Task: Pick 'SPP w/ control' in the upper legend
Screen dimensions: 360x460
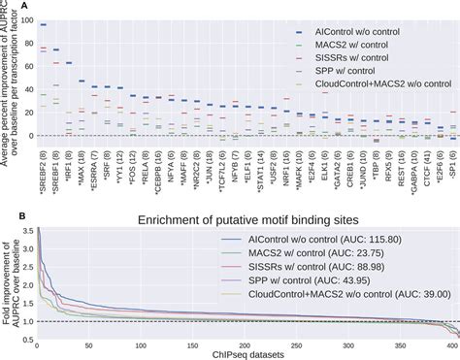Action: click(x=352, y=70)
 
